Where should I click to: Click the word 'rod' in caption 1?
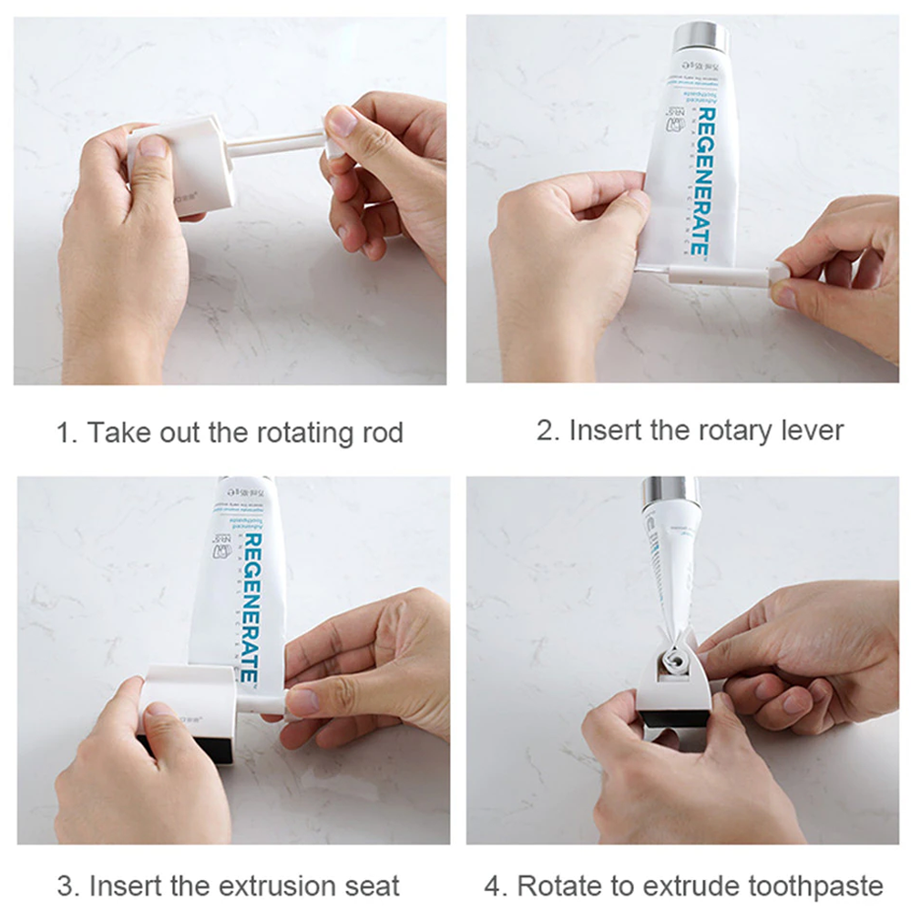pos(377,432)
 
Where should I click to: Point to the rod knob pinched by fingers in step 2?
pos(779,271)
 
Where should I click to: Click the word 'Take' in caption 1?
pos(115,432)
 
